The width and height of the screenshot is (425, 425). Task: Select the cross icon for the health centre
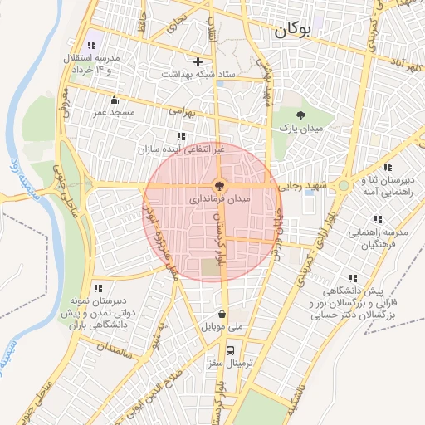tap(198, 61)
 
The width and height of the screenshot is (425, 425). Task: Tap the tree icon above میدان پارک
tap(300, 115)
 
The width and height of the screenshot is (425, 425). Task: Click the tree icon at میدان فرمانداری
tap(220, 187)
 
